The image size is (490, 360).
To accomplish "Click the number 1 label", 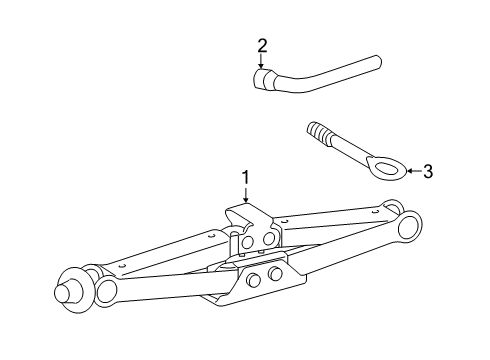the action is [246, 177].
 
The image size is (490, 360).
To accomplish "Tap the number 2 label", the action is [262, 46].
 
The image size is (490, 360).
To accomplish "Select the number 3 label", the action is [428, 171].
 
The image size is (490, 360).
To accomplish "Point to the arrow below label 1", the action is [246, 194].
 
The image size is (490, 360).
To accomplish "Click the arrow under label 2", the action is [261, 61].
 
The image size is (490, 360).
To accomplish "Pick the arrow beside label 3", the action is [414, 171].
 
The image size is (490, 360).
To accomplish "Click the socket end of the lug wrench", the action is [263, 80].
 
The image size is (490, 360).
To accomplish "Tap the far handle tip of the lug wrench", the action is [378, 62].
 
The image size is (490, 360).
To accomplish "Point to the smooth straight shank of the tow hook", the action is [348, 150].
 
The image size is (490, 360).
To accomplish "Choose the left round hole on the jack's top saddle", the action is [248, 242].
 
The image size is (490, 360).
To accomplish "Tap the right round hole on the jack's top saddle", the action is [268, 239].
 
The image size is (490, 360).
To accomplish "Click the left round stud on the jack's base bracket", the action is [254, 278].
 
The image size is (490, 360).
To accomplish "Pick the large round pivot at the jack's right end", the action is [409, 226].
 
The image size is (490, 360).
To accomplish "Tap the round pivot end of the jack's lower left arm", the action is [107, 289].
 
